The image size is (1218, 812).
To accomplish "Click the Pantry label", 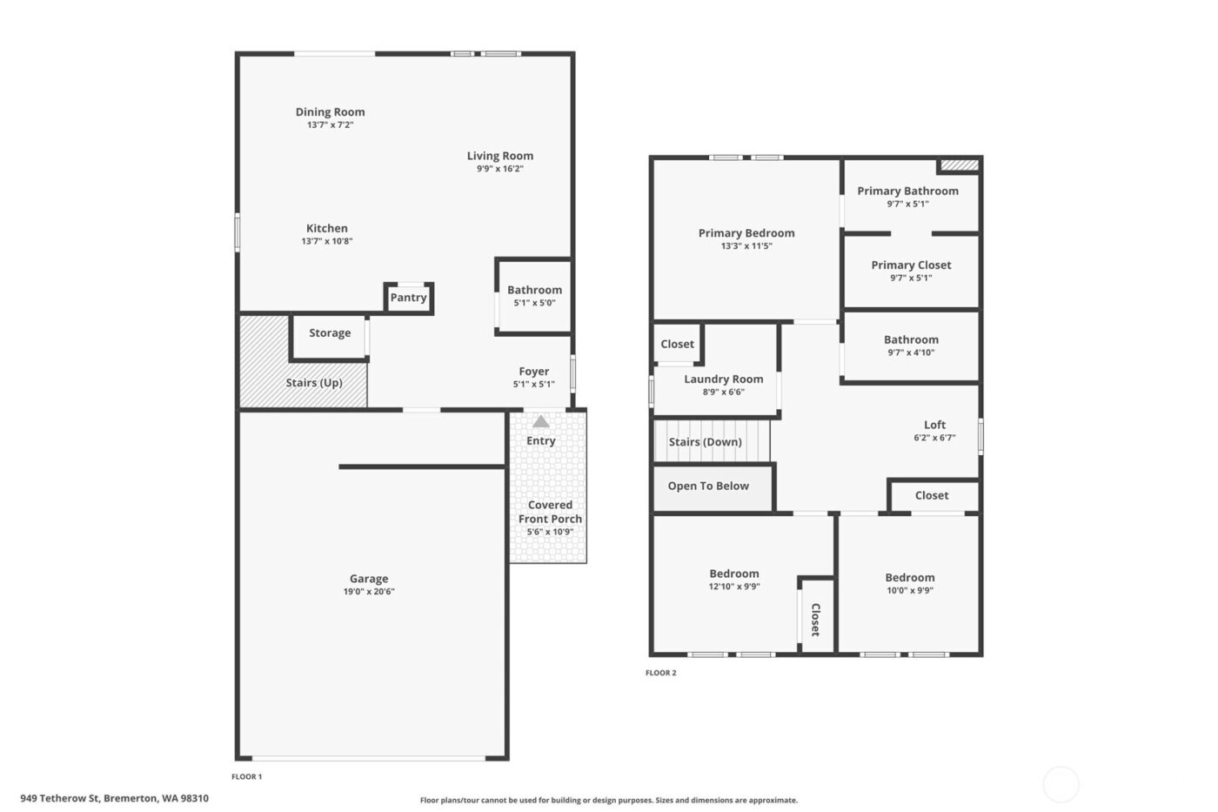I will point(408,298).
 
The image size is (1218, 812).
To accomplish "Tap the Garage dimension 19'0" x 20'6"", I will point(369,592).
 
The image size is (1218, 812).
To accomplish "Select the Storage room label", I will point(330,333).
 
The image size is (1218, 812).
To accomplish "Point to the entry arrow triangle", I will point(541,422).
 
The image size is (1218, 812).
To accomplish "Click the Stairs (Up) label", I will point(314,383).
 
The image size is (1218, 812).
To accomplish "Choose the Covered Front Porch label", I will point(550,512).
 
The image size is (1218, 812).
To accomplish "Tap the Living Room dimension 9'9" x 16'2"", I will point(500,169).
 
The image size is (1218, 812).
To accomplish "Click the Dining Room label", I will point(330,112).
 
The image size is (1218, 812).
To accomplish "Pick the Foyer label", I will point(534,372).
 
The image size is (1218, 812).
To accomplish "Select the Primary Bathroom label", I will point(907,191).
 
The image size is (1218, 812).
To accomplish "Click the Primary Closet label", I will point(911,265).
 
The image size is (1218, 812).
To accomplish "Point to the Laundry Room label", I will point(723,379).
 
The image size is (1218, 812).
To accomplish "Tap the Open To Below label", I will point(708,487).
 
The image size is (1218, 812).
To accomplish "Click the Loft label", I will point(934,426).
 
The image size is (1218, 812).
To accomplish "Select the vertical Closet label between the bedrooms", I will point(816,620).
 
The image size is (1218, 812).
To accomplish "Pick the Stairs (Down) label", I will point(705,442).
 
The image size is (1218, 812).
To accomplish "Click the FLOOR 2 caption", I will point(660,673).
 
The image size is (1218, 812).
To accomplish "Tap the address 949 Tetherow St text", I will point(114,798).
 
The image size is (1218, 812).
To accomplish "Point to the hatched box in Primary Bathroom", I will point(960,164).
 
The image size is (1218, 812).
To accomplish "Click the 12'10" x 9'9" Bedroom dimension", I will point(734,587).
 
